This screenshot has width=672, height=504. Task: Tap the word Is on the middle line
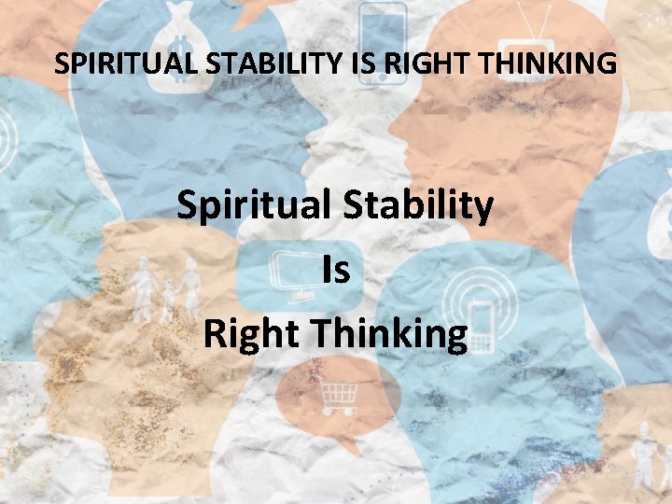[335, 271]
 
